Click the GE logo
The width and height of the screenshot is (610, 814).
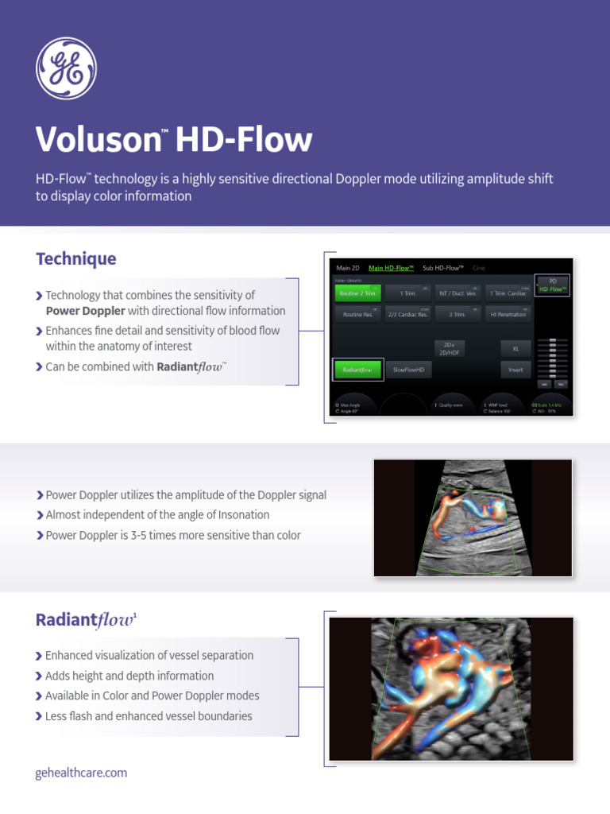(x=66, y=68)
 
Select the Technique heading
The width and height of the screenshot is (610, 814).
(x=75, y=258)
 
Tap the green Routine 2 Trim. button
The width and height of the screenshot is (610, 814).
(x=359, y=293)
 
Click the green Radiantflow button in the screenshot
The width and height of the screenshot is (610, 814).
(x=357, y=370)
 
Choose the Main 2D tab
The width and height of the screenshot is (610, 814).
(x=348, y=268)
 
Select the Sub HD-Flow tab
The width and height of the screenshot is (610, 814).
(x=443, y=268)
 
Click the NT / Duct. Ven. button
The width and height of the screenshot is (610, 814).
(x=458, y=293)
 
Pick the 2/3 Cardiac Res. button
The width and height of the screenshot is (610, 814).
(x=408, y=315)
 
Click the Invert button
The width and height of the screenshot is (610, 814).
(x=515, y=370)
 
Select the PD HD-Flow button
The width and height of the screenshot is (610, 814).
(x=553, y=285)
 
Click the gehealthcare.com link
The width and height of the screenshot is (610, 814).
(x=81, y=773)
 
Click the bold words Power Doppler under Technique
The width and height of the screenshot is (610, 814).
(x=85, y=311)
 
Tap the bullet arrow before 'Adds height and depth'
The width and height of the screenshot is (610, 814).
(x=39, y=676)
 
